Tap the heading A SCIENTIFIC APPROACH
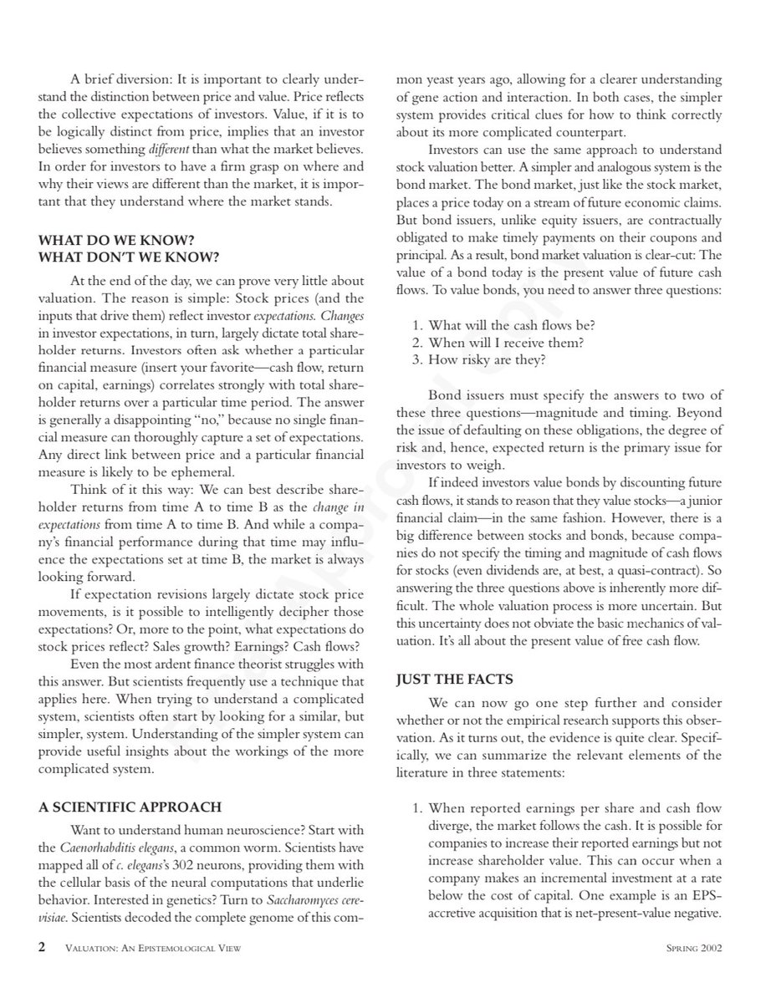click(130, 807)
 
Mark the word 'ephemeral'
click(217, 472)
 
